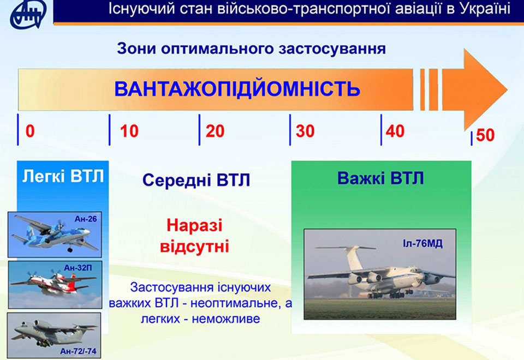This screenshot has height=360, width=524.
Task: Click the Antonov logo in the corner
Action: [x=28, y=14]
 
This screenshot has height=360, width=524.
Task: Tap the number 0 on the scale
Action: [x=30, y=131]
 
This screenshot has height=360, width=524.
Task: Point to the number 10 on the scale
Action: [x=129, y=131]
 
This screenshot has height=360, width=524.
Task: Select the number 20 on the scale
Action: [x=215, y=131]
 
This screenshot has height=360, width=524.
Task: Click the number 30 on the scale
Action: [x=305, y=131]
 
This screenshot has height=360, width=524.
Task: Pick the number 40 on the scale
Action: [x=395, y=131]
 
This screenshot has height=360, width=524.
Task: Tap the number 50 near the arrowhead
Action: [x=485, y=135]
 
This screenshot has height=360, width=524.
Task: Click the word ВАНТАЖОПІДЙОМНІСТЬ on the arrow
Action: [x=237, y=89]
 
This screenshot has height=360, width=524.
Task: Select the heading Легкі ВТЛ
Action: [x=63, y=176]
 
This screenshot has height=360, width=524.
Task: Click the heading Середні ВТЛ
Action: [x=196, y=180]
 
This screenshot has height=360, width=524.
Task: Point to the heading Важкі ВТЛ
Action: [x=380, y=178]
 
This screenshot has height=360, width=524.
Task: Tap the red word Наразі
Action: [x=194, y=225]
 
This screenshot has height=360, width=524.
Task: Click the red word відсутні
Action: [x=194, y=247]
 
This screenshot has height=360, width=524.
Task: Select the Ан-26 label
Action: [x=86, y=219]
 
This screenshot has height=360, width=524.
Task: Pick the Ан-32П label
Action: [x=78, y=267]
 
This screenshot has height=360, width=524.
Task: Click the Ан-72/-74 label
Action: [x=78, y=351]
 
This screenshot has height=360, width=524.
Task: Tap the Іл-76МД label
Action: [x=422, y=243]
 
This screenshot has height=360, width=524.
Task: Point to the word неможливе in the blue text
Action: [x=226, y=319]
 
